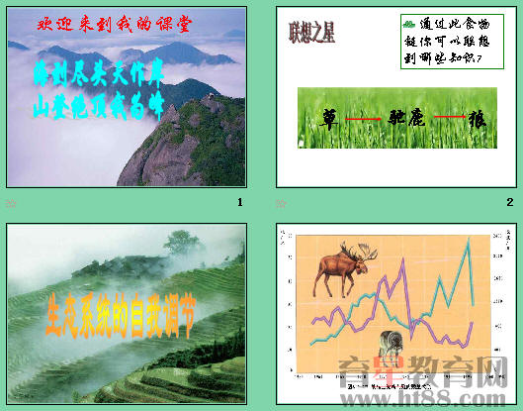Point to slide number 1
(x=239, y=202)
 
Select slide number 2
(x=509, y=202)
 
